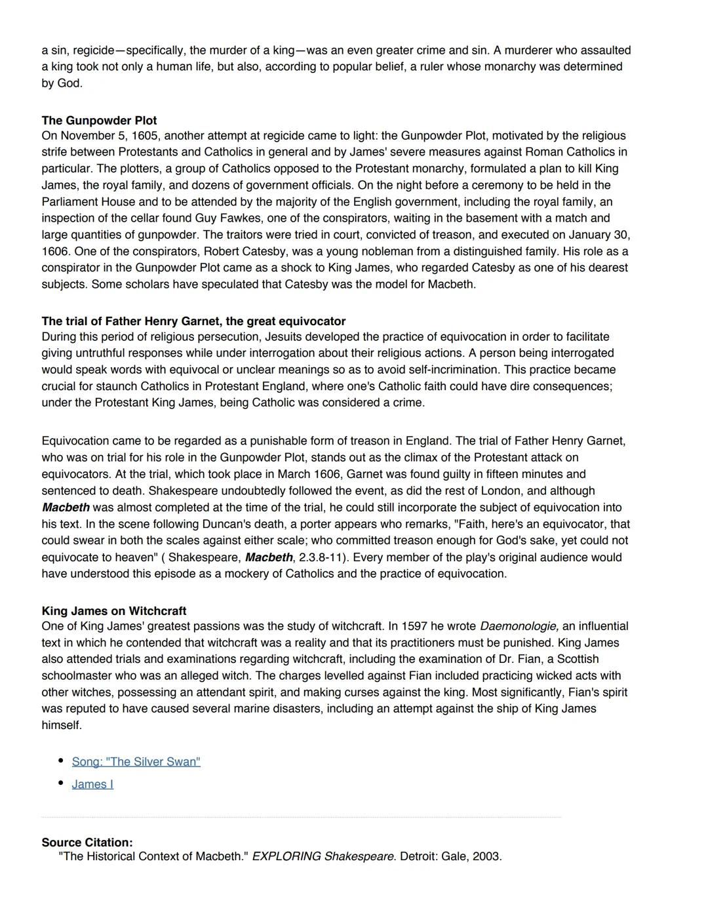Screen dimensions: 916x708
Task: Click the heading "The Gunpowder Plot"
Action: pyautogui.click(x=99, y=121)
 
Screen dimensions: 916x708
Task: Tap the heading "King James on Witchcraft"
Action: pyautogui.click(x=113, y=611)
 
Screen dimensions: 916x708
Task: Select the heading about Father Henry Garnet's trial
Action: pyautogui.click(x=193, y=321)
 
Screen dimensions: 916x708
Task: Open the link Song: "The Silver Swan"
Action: pyautogui.click(x=136, y=761)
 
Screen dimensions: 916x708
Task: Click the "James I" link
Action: pyautogui.click(x=92, y=784)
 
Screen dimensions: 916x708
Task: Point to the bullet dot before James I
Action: pyautogui.click(x=61, y=783)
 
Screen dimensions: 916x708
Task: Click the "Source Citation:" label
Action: pyautogui.click(x=87, y=843)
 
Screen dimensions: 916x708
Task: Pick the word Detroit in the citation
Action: pyautogui.click(x=420, y=856)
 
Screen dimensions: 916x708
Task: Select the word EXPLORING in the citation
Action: pyautogui.click(x=286, y=856)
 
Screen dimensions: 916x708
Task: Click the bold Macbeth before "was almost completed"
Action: pyautogui.click(x=66, y=508)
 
